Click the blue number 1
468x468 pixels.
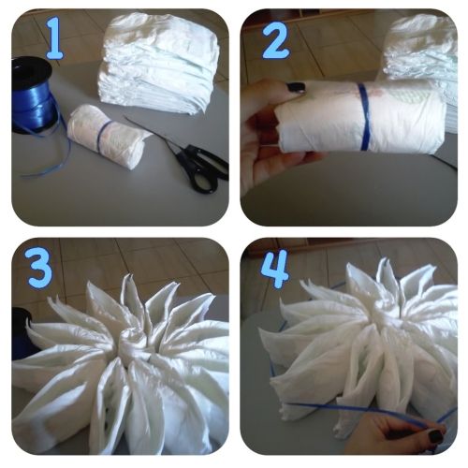point(54,38)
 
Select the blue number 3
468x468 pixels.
point(40,267)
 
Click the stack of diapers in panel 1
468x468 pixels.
point(158,63)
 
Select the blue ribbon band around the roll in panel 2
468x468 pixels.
point(363,117)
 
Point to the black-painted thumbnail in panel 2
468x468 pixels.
point(295,87)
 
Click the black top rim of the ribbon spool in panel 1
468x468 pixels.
point(31,68)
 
